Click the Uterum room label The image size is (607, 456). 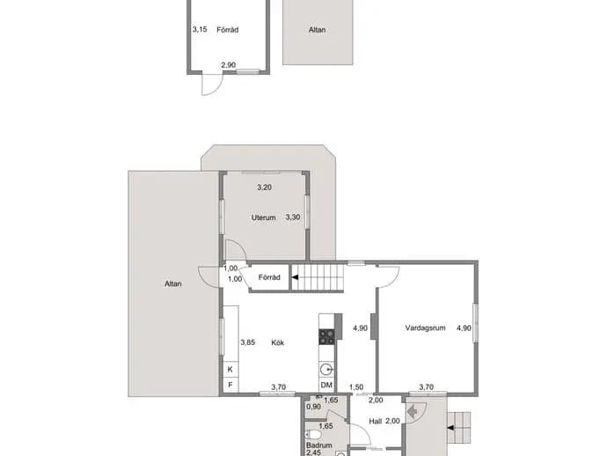click(x=264, y=217)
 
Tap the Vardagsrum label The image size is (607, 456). click(x=425, y=327)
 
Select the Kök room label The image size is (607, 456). click(x=278, y=342)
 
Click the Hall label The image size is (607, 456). click(x=375, y=421)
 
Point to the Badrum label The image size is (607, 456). click(x=319, y=445)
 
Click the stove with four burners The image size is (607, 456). click(x=326, y=336)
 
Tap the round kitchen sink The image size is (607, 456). click(x=326, y=370)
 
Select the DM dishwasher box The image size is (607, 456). click(x=326, y=385)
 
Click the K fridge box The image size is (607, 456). click(x=230, y=370)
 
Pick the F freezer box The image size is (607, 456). click(x=230, y=385)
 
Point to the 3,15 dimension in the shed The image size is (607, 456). click(x=200, y=29)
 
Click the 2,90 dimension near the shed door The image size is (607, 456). click(x=229, y=65)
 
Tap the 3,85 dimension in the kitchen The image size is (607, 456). click(x=248, y=342)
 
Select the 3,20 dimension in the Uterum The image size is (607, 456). click(x=265, y=188)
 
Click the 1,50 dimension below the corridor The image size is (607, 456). click(x=356, y=387)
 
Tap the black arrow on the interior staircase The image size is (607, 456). click(x=295, y=277)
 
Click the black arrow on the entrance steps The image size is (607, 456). click(x=450, y=428)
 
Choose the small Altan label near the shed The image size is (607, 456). click(x=317, y=30)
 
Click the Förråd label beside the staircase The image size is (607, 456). click(x=269, y=277)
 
